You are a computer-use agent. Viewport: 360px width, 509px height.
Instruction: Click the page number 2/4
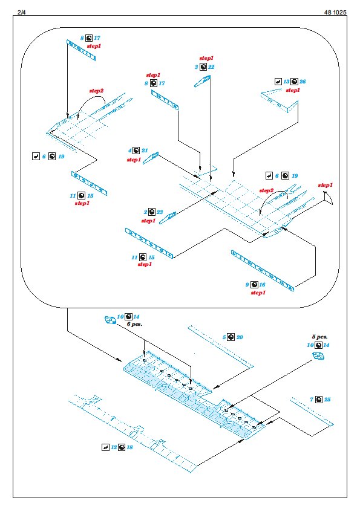[x=22, y=12]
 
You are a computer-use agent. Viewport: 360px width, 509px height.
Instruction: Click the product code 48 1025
[x=335, y=12]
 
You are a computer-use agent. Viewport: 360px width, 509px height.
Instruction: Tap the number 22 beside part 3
[x=211, y=67]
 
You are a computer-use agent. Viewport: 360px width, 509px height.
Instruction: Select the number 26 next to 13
[x=303, y=82]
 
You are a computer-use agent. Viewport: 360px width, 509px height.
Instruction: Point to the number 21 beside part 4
[x=145, y=151]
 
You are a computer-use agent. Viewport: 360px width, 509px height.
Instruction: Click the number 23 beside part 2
[x=160, y=212]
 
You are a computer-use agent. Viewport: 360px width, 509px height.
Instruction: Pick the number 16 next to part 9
[x=262, y=285]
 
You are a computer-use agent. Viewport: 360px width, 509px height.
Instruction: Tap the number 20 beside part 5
[x=240, y=337]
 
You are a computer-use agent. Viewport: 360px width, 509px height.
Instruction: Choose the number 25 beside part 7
[x=327, y=399]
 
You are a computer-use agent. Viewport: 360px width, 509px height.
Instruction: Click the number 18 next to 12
[x=129, y=447]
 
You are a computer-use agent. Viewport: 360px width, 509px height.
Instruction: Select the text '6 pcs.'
[x=134, y=324]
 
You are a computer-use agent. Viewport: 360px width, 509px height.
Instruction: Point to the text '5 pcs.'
[x=319, y=337]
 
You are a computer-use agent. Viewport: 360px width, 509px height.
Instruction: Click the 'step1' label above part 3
[x=206, y=58]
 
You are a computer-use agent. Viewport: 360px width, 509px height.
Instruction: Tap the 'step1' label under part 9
[x=258, y=293]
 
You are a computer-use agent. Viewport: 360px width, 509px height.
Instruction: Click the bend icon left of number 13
[x=278, y=82]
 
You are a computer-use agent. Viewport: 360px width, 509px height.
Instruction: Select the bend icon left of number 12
[x=105, y=447]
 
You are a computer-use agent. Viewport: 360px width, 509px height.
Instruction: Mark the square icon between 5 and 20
[x=231, y=337]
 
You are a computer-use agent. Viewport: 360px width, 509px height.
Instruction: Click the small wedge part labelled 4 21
[x=151, y=158]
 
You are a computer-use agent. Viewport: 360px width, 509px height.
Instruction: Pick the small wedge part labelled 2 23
[x=168, y=218]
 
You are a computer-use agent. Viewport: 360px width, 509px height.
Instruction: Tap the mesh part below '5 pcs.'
[x=319, y=356]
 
